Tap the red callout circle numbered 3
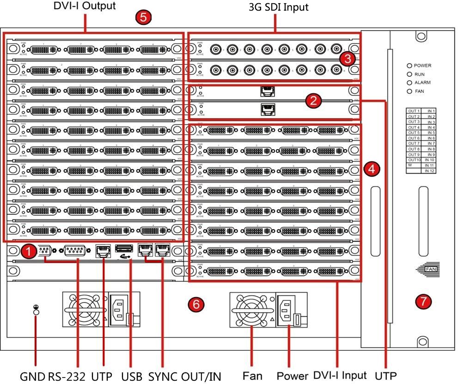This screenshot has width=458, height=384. pyautogui.click(x=347, y=59)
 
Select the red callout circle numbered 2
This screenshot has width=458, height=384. pyautogui.click(x=314, y=101)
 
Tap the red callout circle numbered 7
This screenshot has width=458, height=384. pyautogui.click(x=423, y=302)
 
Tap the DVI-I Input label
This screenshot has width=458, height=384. pyautogui.click(x=340, y=375)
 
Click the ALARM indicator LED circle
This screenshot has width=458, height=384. pyautogui.click(x=409, y=83)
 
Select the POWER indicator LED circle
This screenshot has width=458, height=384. pyautogui.click(x=409, y=66)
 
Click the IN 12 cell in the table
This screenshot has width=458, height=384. pyautogui.click(x=430, y=171)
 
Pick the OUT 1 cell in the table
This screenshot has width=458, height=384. pyautogui.click(x=413, y=111)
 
